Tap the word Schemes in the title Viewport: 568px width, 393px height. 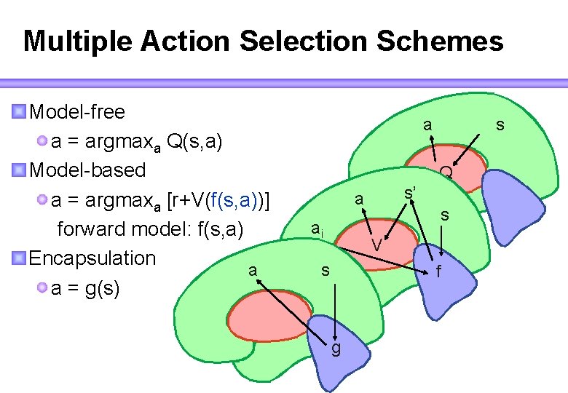(440, 41)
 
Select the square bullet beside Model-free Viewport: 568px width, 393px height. (19, 111)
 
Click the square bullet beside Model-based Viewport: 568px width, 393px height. (19, 170)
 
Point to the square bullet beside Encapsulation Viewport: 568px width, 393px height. (19, 258)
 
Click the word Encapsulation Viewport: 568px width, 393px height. (92, 258)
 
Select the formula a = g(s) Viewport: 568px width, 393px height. (85, 288)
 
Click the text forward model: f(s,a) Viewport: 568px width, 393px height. (149, 229)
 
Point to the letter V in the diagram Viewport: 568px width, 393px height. (376, 245)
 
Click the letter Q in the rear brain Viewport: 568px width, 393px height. (446, 172)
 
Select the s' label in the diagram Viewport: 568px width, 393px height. (411, 194)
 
